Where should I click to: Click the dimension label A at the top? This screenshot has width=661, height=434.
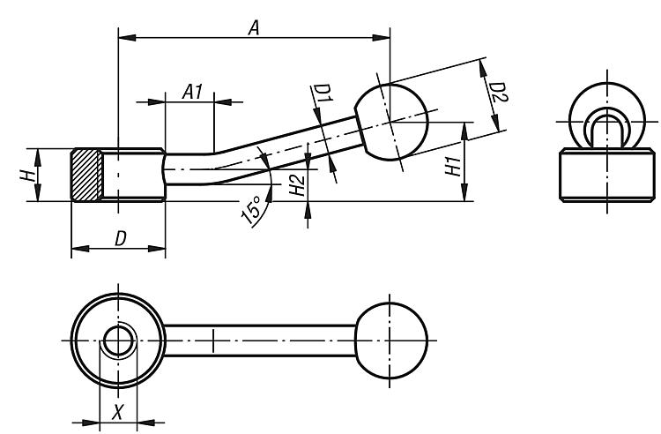[254, 28]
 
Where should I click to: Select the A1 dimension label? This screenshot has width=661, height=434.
[193, 92]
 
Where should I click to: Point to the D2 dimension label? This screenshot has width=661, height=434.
[498, 93]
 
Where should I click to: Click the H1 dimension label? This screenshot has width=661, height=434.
[454, 167]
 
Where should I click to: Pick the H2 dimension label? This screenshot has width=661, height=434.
[298, 185]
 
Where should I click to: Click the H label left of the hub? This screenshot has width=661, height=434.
[28, 175]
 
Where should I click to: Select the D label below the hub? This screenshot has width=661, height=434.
[121, 239]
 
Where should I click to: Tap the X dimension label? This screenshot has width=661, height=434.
[118, 411]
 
